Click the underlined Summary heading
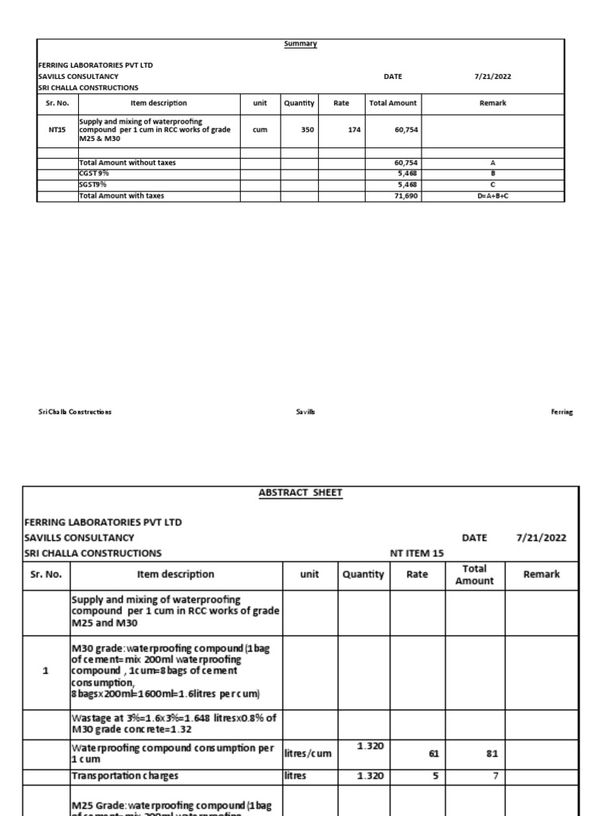click(300, 44)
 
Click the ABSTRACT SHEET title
click(300, 492)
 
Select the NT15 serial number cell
click(57, 129)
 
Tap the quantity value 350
click(308, 129)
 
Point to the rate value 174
click(355, 129)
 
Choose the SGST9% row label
click(93, 184)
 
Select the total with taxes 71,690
click(406, 195)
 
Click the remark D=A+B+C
click(492, 195)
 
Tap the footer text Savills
click(305, 412)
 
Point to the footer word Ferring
click(561, 412)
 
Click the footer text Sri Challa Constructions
click(75, 412)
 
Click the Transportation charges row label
click(124, 775)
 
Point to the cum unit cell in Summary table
click(259, 129)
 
